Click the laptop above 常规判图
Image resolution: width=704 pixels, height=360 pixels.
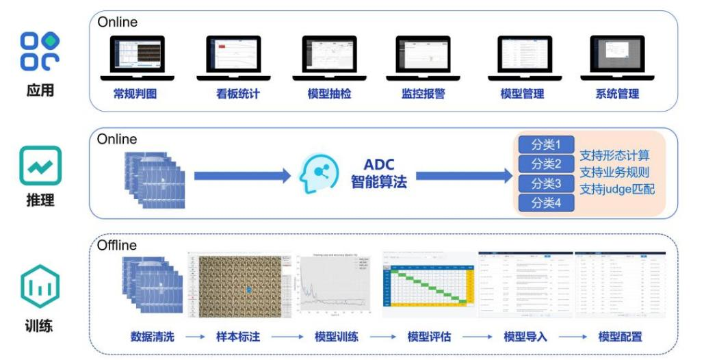(138, 57)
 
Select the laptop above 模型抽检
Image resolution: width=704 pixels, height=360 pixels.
(330, 57)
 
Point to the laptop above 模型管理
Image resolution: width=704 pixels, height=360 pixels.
(525, 57)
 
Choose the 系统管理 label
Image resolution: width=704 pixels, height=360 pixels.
(617, 94)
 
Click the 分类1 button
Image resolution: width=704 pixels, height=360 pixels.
(546, 145)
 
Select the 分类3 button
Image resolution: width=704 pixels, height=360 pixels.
(546, 183)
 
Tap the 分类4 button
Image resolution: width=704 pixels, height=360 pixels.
(546, 203)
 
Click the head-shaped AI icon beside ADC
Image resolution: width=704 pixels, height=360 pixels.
(319, 175)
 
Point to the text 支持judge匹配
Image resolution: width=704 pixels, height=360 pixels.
(617, 189)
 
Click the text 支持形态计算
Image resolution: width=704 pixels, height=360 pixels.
(614, 155)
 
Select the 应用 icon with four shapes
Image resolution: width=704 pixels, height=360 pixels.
(40, 51)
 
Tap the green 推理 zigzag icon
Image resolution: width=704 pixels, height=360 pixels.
(40, 166)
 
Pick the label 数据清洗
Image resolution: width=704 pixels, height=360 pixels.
(153, 337)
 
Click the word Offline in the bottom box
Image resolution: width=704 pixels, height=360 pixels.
(116, 245)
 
